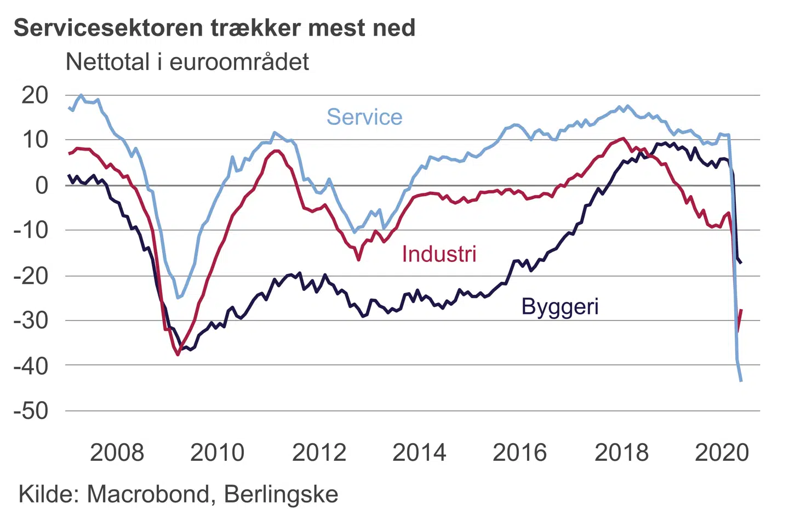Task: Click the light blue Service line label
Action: [x=364, y=117]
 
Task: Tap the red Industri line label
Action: [x=439, y=254]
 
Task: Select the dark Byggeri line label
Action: [x=559, y=306]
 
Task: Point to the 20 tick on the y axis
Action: [x=35, y=95]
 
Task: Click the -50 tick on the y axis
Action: [x=31, y=411]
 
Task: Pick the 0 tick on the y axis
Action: [x=42, y=186]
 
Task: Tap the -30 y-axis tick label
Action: [x=31, y=321]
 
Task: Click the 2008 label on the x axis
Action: [x=117, y=453]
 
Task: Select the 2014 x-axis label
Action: [x=419, y=453]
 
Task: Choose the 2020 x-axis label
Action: [x=722, y=453]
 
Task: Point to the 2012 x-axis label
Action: [x=319, y=453]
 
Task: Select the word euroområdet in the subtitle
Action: [x=239, y=62]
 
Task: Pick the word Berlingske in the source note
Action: [x=281, y=494]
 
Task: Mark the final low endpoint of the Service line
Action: [x=741, y=381]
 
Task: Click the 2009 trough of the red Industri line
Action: [x=178, y=355]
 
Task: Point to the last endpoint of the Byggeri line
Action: [x=741, y=263]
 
